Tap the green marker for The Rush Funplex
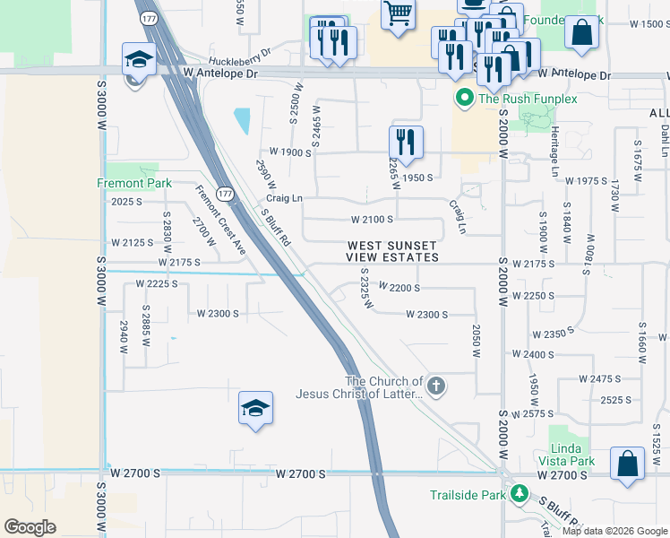(x=464, y=98)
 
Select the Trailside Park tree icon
(x=517, y=493)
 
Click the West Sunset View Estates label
(x=392, y=251)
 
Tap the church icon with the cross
(x=436, y=386)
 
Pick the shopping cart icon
(x=398, y=14)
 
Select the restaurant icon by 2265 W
(x=406, y=141)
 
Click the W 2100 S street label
(x=372, y=220)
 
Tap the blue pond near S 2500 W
(x=242, y=121)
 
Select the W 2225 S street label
(x=157, y=283)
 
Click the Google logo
(x=30, y=527)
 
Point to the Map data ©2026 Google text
(x=613, y=531)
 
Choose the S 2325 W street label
(x=365, y=289)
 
